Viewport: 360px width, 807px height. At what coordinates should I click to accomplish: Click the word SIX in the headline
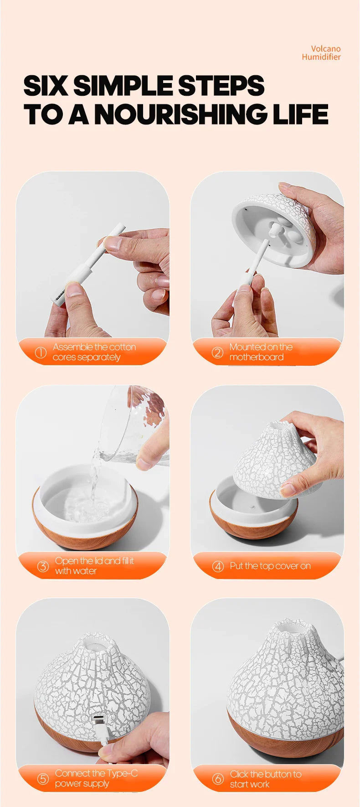click(46, 86)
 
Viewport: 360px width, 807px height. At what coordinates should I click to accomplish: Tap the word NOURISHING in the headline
click(180, 114)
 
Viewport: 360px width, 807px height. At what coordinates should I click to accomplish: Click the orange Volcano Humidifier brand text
click(321, 53)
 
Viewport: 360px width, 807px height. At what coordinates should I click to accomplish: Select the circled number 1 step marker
click(41, 352)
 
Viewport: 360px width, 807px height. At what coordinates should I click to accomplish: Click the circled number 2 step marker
click(218, 352)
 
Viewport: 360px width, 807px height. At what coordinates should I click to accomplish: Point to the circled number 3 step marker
click(43, 566)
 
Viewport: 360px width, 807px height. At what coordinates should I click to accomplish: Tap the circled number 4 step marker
click(218, 566)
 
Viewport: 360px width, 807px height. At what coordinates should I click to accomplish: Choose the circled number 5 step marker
click(43, 779)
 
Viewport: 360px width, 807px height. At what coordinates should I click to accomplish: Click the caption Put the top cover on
click(270, 566)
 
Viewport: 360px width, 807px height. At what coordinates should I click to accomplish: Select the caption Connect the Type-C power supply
click(96, 778)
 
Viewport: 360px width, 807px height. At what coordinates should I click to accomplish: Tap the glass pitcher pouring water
click(137, 424)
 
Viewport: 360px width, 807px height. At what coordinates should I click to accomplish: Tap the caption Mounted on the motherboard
click(261, 352)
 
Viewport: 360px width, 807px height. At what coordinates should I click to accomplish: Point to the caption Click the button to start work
click(265, 779)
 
